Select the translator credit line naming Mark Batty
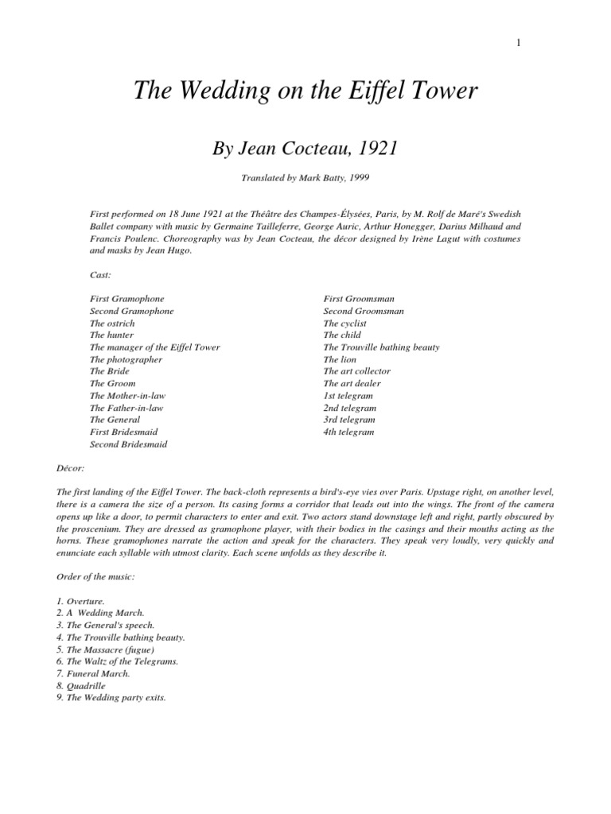point(305,179)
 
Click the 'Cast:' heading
point(100,274)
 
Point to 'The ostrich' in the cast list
point(112,324)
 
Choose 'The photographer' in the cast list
point(126,359)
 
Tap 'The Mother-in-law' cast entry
point(127,395)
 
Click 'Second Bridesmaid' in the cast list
point(128,444)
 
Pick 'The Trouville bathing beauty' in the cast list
point(381,347)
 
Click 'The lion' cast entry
point(341,359)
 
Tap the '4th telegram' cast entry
point(348,432)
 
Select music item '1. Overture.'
point(117,602)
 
